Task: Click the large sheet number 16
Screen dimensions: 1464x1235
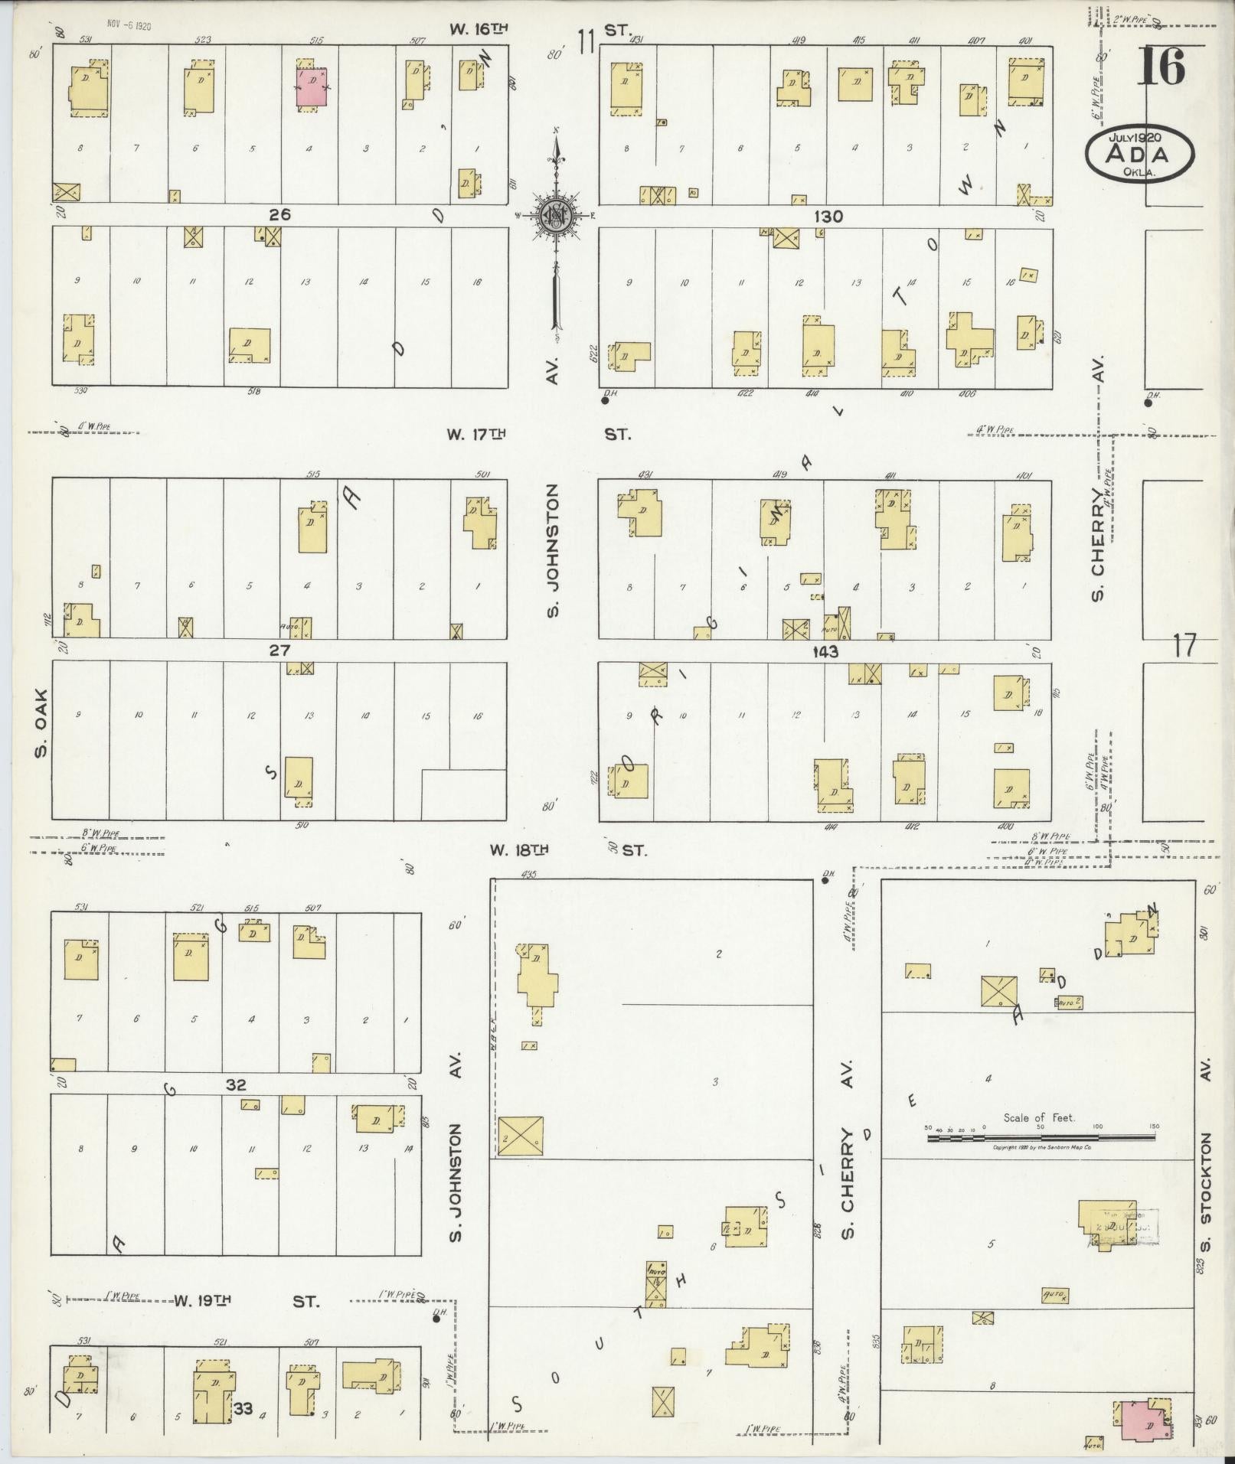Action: [1161, 67]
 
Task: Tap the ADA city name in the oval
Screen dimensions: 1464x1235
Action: [1138, 155]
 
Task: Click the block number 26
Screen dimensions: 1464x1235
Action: [279, 215]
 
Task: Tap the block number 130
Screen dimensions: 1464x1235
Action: [828, 217]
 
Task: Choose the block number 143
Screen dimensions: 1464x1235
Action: [825, 652]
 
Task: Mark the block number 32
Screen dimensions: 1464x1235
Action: [236, 1084]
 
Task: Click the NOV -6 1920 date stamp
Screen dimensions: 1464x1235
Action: [130, 26]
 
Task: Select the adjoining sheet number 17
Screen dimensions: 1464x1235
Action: [1183, 647]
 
